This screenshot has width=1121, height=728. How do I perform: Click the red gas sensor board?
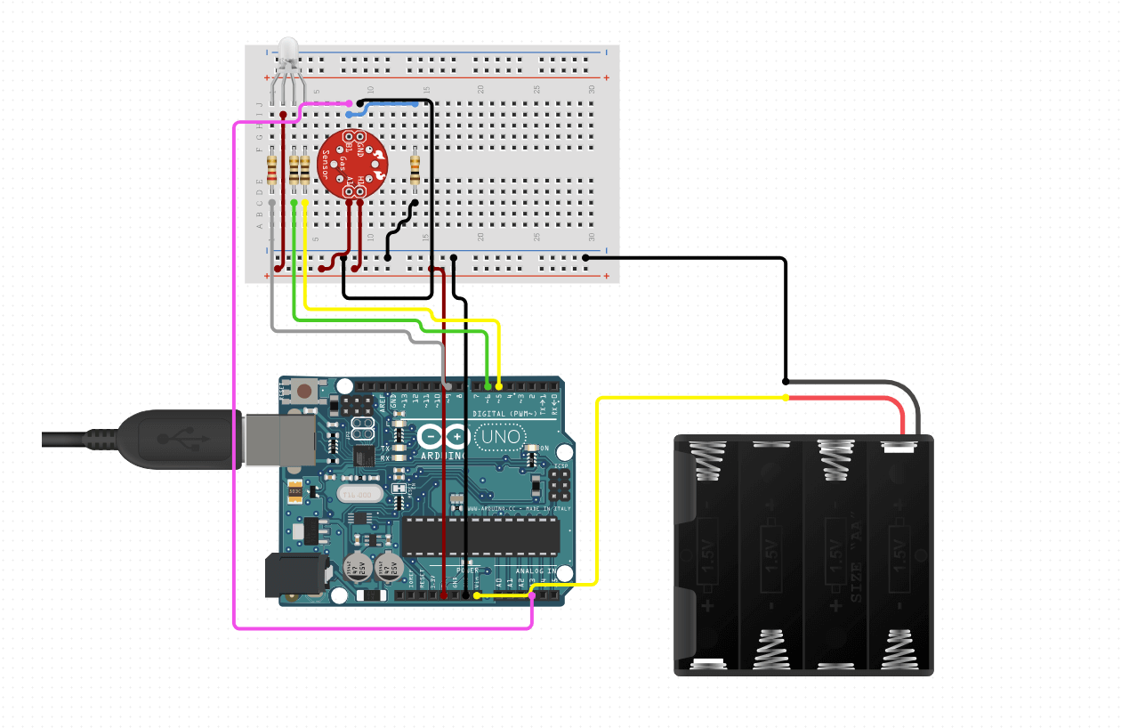click(x=352, y=163)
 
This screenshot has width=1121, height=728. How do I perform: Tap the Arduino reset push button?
click(x=305, y=390)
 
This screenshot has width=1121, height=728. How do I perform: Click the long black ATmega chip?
click(x=480, y=534)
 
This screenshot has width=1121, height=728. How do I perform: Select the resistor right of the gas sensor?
click(x=415, y=169)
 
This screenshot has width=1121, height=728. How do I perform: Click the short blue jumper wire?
click(x=383, y=106)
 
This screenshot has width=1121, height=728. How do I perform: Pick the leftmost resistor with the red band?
click(x=272, y=169)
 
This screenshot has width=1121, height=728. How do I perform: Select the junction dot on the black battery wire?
click(x=786, y=380)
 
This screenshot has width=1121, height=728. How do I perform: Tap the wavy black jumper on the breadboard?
click(x=401, y=226)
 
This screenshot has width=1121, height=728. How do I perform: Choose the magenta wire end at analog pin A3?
click(x=532, y=595)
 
